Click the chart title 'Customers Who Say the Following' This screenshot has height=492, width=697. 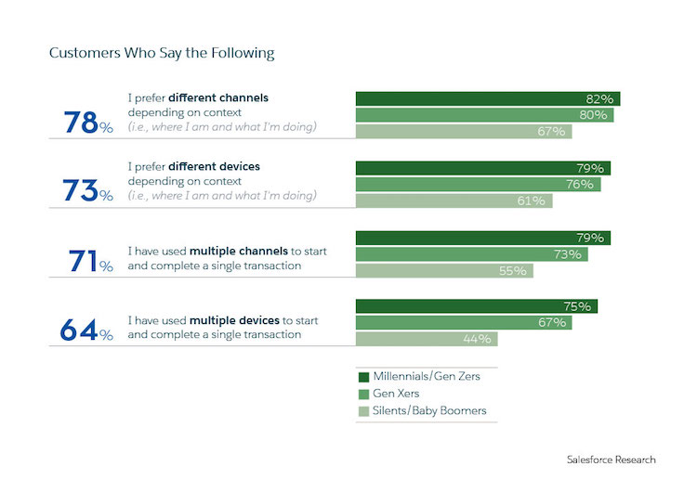(x=162, y=53)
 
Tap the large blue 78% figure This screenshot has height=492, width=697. (x=87, y=123)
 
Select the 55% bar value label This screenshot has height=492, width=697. (x=513, y=271)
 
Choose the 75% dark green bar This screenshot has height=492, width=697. (x=476, y=306)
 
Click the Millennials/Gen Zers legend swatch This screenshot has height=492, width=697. (x=363, y=378)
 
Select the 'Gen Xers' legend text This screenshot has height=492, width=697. (x=398, y=394)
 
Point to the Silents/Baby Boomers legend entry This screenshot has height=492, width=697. (x=422, y=410)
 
